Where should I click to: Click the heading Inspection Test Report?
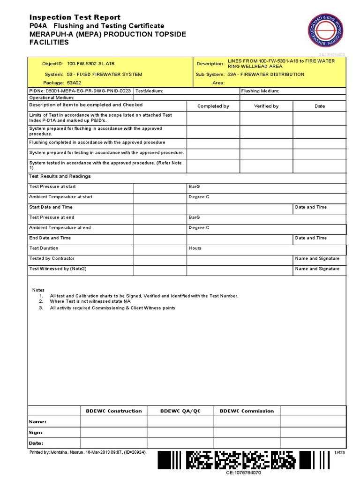tap(75, 17)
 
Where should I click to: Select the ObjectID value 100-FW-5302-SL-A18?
tap(90, 63)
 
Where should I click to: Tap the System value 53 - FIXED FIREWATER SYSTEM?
tap(105, 75)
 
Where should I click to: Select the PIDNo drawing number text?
tap(80, 91)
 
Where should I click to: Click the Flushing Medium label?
tap(260, 91)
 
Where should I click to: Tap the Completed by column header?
tap(213, 106)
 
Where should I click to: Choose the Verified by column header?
tap(266, 106)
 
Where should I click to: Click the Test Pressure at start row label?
tap(52, 187)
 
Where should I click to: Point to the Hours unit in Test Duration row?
tap(195, 248)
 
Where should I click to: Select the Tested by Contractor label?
tap(52, 259)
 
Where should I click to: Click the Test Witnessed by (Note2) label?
tap(58, 269)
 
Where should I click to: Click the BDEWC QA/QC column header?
tap(180, 411)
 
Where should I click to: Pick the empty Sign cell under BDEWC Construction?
tap(113, 433)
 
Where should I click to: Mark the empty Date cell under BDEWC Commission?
tap(247, 443)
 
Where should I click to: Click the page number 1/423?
tap(339, 453)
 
